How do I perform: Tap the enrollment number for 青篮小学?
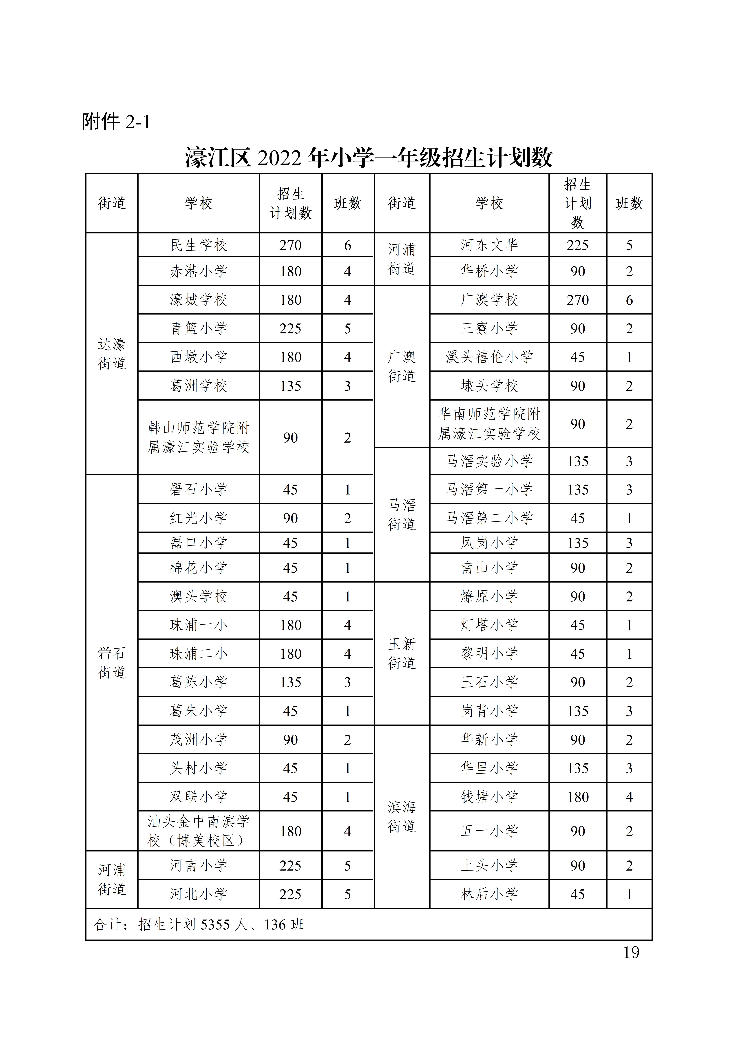[290, 328]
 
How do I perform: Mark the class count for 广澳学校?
[629, 300]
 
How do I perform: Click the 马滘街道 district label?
[402, 514]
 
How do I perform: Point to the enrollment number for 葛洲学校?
[290, 386]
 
